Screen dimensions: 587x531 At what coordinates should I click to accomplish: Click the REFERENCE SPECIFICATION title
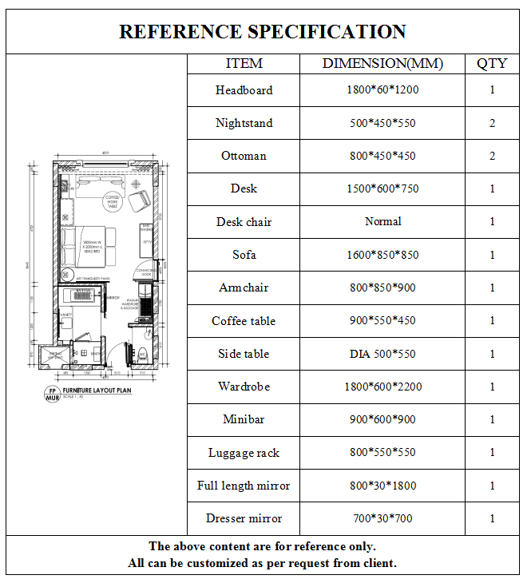tap(263, 32)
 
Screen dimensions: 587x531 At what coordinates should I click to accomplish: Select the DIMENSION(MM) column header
tap(382, 64)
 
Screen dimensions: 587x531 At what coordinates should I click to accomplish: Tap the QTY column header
tap(492, 64)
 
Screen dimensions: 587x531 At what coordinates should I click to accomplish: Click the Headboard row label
tap(244, 90)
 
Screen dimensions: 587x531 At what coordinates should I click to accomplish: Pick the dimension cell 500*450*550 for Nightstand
tap(382, 123)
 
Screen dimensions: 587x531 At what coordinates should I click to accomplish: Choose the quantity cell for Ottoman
tap(492, 156)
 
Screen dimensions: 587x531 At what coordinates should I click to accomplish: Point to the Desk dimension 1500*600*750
tap(382, 188)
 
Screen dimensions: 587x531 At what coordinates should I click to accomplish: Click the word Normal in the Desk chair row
tap(382, 221)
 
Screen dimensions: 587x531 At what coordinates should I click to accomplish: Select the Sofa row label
tap(244, 255)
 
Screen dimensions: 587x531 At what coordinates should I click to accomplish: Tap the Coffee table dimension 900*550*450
tap(382, 320)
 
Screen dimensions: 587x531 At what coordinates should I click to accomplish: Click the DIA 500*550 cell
tap(382, 354)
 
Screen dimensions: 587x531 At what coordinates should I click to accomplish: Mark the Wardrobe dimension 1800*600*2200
tap(382, 387)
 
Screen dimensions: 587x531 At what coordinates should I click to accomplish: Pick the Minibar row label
tap(244, 419)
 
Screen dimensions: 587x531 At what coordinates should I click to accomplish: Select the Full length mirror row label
tap(244, 486)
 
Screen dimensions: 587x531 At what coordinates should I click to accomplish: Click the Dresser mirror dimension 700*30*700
tap(382, 518)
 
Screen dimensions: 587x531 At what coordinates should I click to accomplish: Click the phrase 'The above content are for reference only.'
tap(263, 547)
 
